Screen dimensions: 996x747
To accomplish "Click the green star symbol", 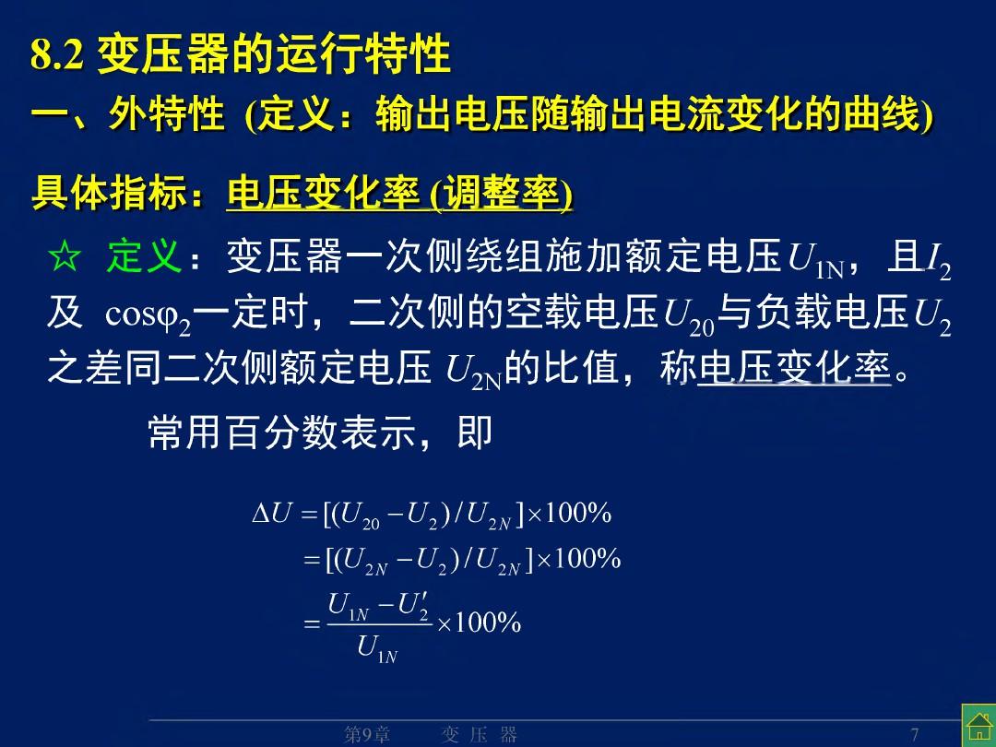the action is pyautogui.click(x=65, y=257).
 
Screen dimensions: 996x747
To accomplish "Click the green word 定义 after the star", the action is pyautogui.click(x=145, y=256).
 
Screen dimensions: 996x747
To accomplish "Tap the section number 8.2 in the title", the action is pyautogui.click(x=57, y=54).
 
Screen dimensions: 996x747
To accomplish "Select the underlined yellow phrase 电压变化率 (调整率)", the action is pyautogui.click(x=399, y=193).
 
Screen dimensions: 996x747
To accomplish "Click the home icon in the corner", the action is pyautogui.click(x=978, y=725).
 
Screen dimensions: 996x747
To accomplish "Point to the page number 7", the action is pyautogui.click(x=915, y=734).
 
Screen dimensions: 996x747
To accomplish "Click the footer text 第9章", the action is pyautogui.click(x=366, y=735).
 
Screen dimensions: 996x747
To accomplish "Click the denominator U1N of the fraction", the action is pyautogui.click(x=377, y=648).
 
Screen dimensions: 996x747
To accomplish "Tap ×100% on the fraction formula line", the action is pyautogui.click(x=479, y=622).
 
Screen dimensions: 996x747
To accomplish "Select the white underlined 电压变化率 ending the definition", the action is pyautogui.click(x=794, y=368).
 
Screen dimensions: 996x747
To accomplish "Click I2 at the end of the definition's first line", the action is pyautogui.click(x=939, y=261).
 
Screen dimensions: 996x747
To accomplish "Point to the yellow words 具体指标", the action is pyautogui.click(x=109, y=193).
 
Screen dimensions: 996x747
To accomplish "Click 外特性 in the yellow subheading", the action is pyautogui.click(x=166, y=114).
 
